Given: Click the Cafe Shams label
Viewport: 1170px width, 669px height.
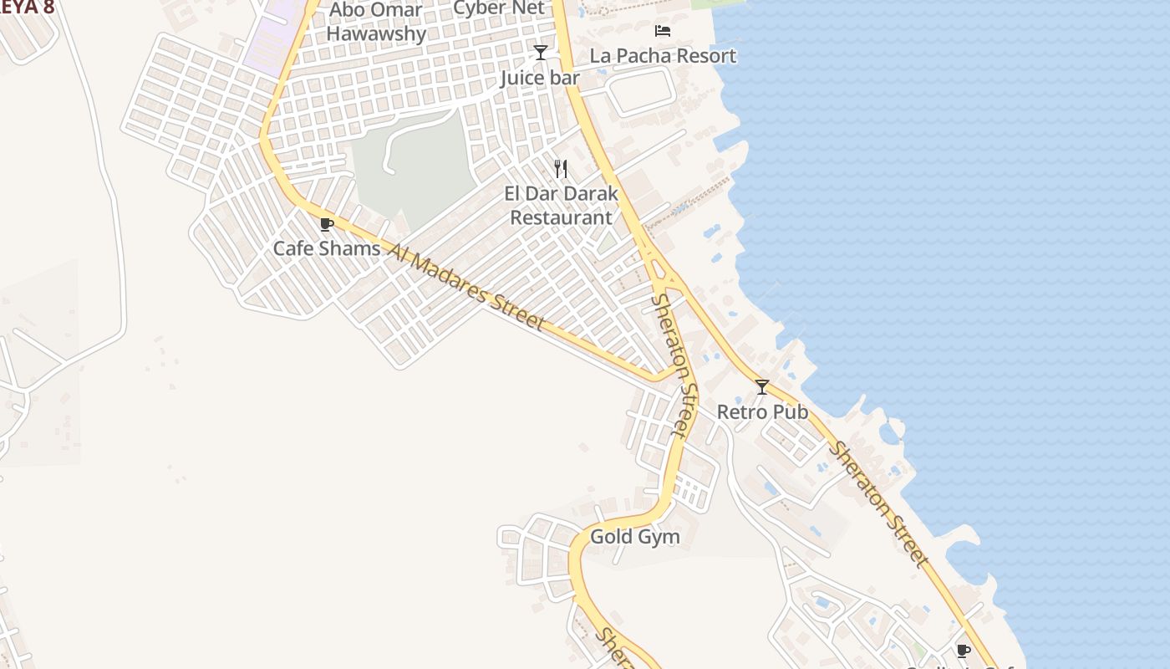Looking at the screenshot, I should [327, 248].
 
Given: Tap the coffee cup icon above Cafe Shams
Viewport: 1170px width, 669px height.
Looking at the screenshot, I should [327, 224].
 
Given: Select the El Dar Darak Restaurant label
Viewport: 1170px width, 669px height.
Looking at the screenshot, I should [562, 206].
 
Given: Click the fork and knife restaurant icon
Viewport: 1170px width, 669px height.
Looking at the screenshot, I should [561, 169].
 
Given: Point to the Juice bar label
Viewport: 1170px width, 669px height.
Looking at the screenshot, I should [540, 79].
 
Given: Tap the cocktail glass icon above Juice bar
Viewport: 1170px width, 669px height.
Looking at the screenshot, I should [541, 53].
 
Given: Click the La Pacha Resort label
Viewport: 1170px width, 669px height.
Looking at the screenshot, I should [663, 56].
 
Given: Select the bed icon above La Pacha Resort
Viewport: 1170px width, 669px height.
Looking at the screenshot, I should [663, 31].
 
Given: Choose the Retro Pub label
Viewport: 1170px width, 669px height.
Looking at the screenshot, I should [762, 412].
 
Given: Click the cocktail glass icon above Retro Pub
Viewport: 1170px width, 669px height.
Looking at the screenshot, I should [762, 386].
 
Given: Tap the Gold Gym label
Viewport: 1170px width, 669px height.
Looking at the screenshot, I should [635, 537].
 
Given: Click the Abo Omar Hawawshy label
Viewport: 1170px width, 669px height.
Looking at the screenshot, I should [376, 22].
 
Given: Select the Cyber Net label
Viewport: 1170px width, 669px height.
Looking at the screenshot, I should [499, 8].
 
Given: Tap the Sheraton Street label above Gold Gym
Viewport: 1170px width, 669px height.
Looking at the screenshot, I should [674, 365].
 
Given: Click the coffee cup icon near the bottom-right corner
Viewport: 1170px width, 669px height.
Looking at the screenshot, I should [963, 650].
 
